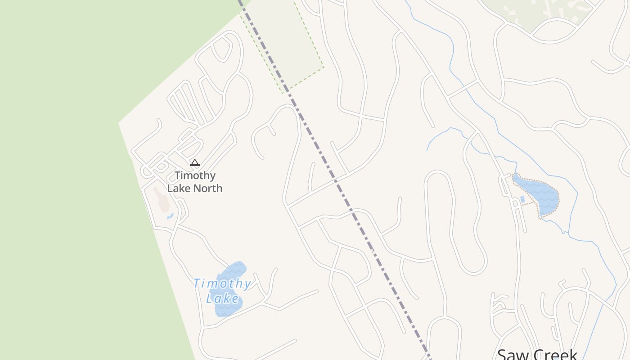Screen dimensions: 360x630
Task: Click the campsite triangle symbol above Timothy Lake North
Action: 194,162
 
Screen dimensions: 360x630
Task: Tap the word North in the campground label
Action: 207,188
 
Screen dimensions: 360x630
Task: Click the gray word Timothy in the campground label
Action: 195,175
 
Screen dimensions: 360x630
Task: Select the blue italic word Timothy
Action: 222,283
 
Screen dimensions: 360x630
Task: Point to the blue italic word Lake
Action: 223,298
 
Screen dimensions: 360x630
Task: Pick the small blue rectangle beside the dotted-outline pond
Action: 522,199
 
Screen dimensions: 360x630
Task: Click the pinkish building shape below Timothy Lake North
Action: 162,200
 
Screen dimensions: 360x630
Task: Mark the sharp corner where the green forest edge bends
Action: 119,123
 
